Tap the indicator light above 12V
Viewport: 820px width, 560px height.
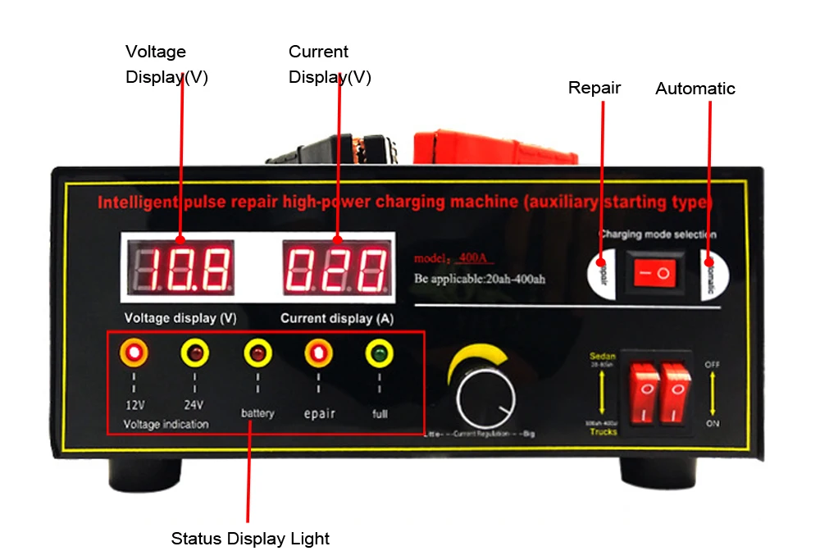click(x=134, y=353)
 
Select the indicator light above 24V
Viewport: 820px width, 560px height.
click(x=194, y=353)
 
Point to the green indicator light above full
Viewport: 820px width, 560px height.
click(x=379, y=353)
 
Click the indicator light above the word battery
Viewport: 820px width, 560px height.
click(x=257, y=353)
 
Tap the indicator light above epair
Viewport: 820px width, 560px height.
click(x=318, y=353)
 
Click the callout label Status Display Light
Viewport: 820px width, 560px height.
click(x=250, y=539)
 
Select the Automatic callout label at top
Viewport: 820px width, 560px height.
click(x=695, y=89)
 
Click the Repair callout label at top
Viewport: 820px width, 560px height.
click(x=594, y=88)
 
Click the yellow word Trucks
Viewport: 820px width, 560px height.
click(x=604, y=431)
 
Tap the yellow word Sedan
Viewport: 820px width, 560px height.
click(x=603, y=357)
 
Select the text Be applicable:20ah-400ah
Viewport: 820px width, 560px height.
click(x=480, y=279)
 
